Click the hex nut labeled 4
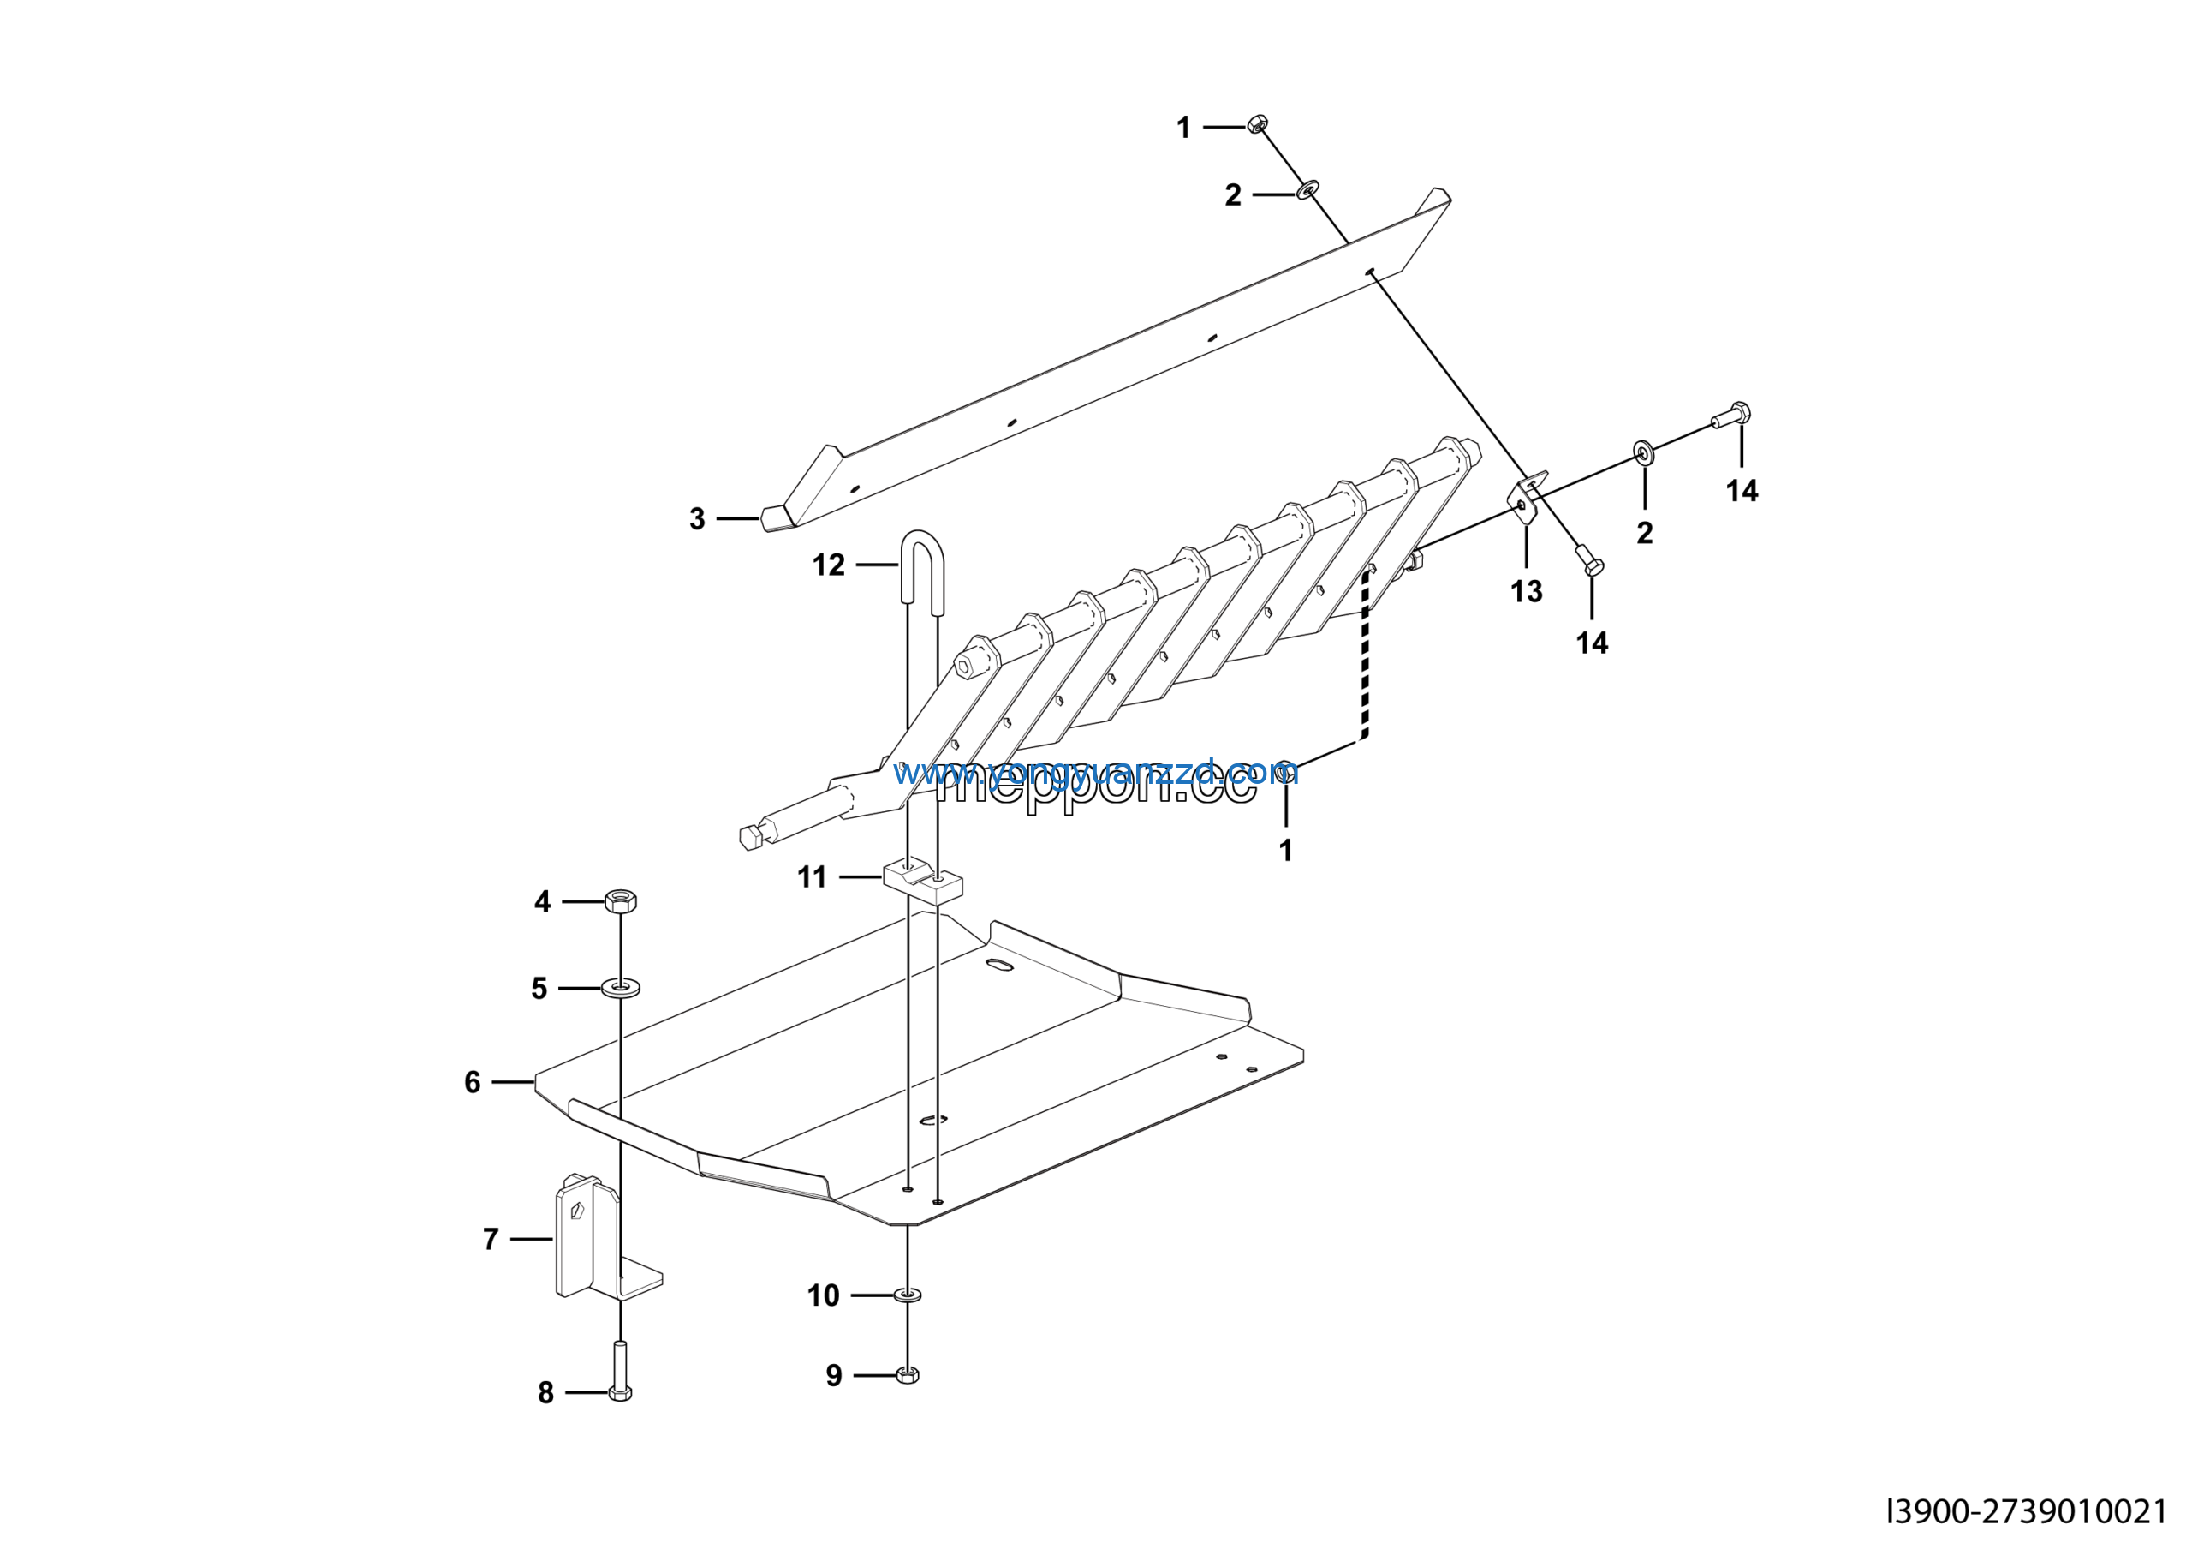tap(620, 900)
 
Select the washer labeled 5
tap(621, 986)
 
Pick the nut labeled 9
tap(907, 1375)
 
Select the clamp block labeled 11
tap(922, 878)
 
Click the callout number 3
tap(697, 518)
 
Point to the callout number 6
tap(472, 1082)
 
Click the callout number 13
tap(1527, 591)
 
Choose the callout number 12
tap(828, 565)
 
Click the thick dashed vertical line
tap(1365, 659)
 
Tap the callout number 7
tap(491, 1239)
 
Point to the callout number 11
tap(812, 876)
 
